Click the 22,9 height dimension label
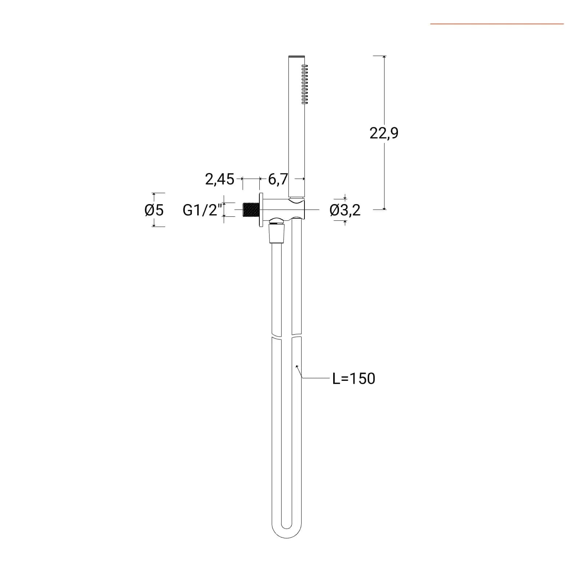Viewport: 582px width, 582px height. point(384,133)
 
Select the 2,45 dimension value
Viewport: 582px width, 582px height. point(220,179)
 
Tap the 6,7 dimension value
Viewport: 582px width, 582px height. point(278,179)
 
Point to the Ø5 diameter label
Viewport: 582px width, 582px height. point(154,210)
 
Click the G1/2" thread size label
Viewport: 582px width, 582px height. point(202,210)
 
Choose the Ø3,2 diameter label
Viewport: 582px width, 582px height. point(345,210)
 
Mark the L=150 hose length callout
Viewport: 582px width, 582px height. point(354,379)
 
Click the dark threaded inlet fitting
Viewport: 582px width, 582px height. point(250,210)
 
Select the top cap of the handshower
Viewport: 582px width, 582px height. point(296,57)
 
